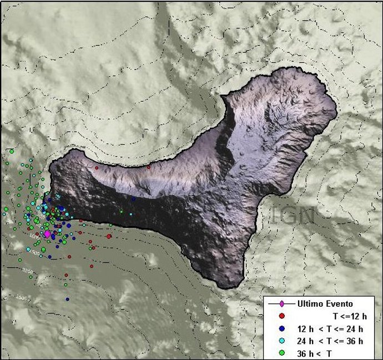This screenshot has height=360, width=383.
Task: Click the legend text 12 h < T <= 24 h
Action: click(x=330, y=328)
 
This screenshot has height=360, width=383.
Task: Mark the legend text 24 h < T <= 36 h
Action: click(x=330, y=341)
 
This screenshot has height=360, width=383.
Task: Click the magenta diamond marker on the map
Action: click(x=47, y=234)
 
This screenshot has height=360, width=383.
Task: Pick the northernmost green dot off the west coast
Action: click(x=12, y=151)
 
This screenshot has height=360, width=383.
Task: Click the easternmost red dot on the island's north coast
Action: click(x=149, y=167)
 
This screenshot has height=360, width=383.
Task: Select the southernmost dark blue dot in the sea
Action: click(x=67, y=299)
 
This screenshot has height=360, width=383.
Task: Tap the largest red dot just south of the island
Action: click(x=109, y=236)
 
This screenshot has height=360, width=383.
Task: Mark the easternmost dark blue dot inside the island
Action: click(x=133, y=199)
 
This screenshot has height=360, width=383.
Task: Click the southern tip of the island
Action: click(x=225, y=287)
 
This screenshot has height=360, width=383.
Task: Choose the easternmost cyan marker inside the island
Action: click(x=131, y=213)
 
